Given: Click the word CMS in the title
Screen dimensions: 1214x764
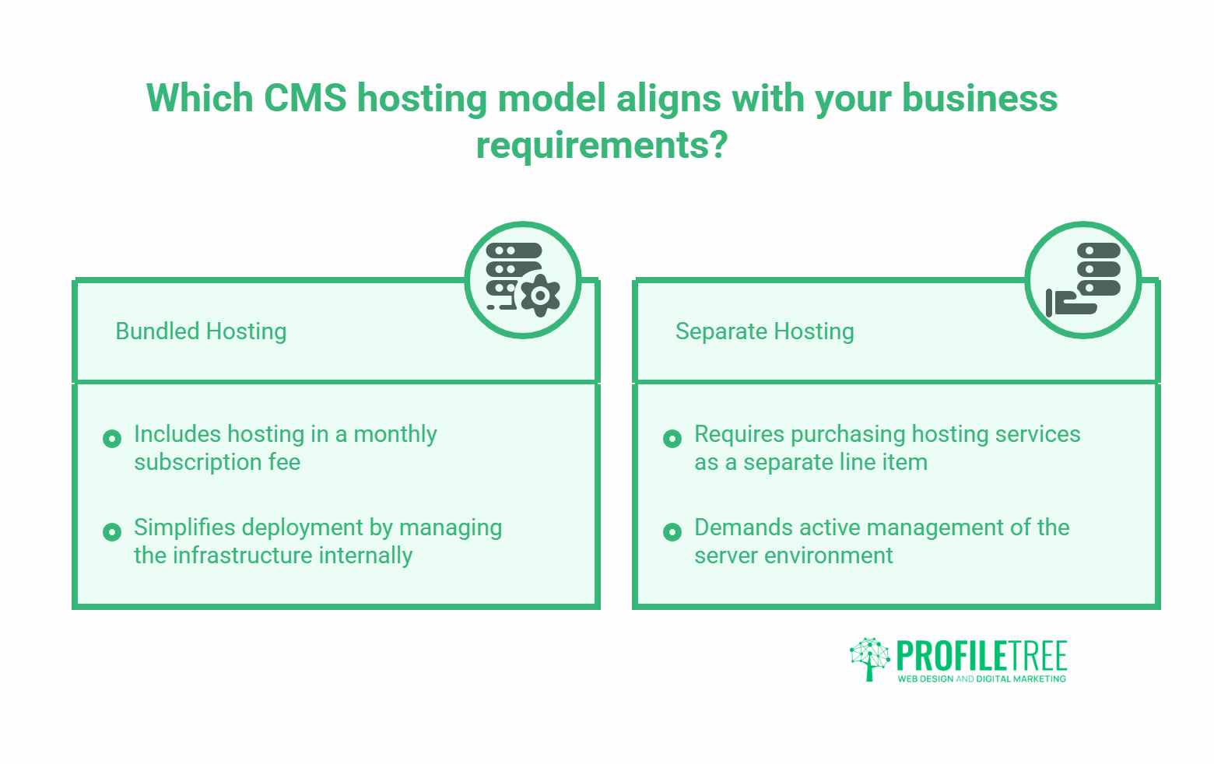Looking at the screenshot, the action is pyautogui.click(x=305, y=98).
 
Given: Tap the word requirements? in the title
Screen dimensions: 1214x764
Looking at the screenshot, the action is pyautogui.click(x=602, y=145).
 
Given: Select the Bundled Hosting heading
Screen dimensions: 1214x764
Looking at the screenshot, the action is pyautogui.click(x=201, y=331).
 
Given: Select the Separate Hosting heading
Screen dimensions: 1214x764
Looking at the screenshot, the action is pyautogui.click(x=765, y=331).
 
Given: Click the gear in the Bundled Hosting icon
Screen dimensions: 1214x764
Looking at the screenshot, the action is pyautogui.click(x=540, y=296).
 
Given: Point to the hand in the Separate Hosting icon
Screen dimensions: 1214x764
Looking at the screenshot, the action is pyautogui.click(x=1071, y=303).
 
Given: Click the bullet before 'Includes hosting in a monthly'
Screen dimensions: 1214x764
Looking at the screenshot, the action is pyautogui.click(x=112, y=438).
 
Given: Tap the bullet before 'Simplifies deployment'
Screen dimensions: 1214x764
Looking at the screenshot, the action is pyautogui.click(x=112, y=532).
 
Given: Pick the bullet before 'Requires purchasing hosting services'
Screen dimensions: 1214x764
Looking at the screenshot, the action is pyautogui.click(x=672, y=438).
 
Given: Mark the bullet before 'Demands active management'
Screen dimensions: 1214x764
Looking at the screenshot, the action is pyautogui.click(x=672, y=532).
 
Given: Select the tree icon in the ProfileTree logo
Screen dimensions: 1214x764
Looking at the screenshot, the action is pyautogui.click(x=870, y=659).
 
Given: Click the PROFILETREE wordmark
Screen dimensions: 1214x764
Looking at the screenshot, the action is pyautogui.click(x=981, y=656).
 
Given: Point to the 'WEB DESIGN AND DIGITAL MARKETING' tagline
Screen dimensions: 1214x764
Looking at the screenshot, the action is pyautogui.click(x=981, y=679).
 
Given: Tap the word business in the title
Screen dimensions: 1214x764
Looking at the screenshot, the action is pyautogui.click(x=979, y=98).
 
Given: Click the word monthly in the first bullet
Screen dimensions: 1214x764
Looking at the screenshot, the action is pyautogui.click(x=395, y=435).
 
